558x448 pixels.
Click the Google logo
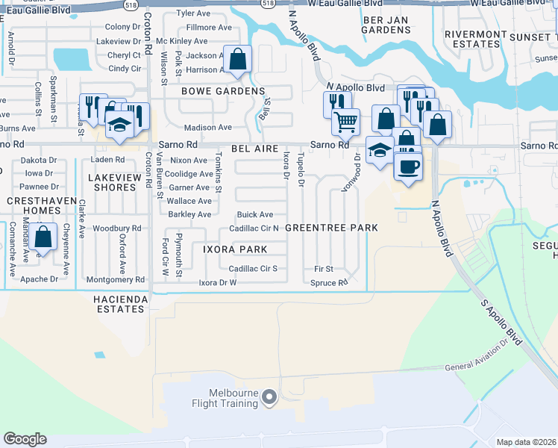tap(25, 439)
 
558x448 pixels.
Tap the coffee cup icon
tap(407, 166)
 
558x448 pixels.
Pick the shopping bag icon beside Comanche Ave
tap(44, 237)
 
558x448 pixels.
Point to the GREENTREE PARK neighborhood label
tap(331, 227)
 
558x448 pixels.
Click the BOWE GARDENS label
tap(223, 91)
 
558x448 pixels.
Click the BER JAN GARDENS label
tap(386, 24)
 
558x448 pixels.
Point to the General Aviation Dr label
tap(481, 364)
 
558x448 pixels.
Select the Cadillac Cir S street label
tap(253, 268)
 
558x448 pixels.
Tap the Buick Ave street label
tap(255, 214)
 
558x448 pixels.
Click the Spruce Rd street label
tap(329, 283)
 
